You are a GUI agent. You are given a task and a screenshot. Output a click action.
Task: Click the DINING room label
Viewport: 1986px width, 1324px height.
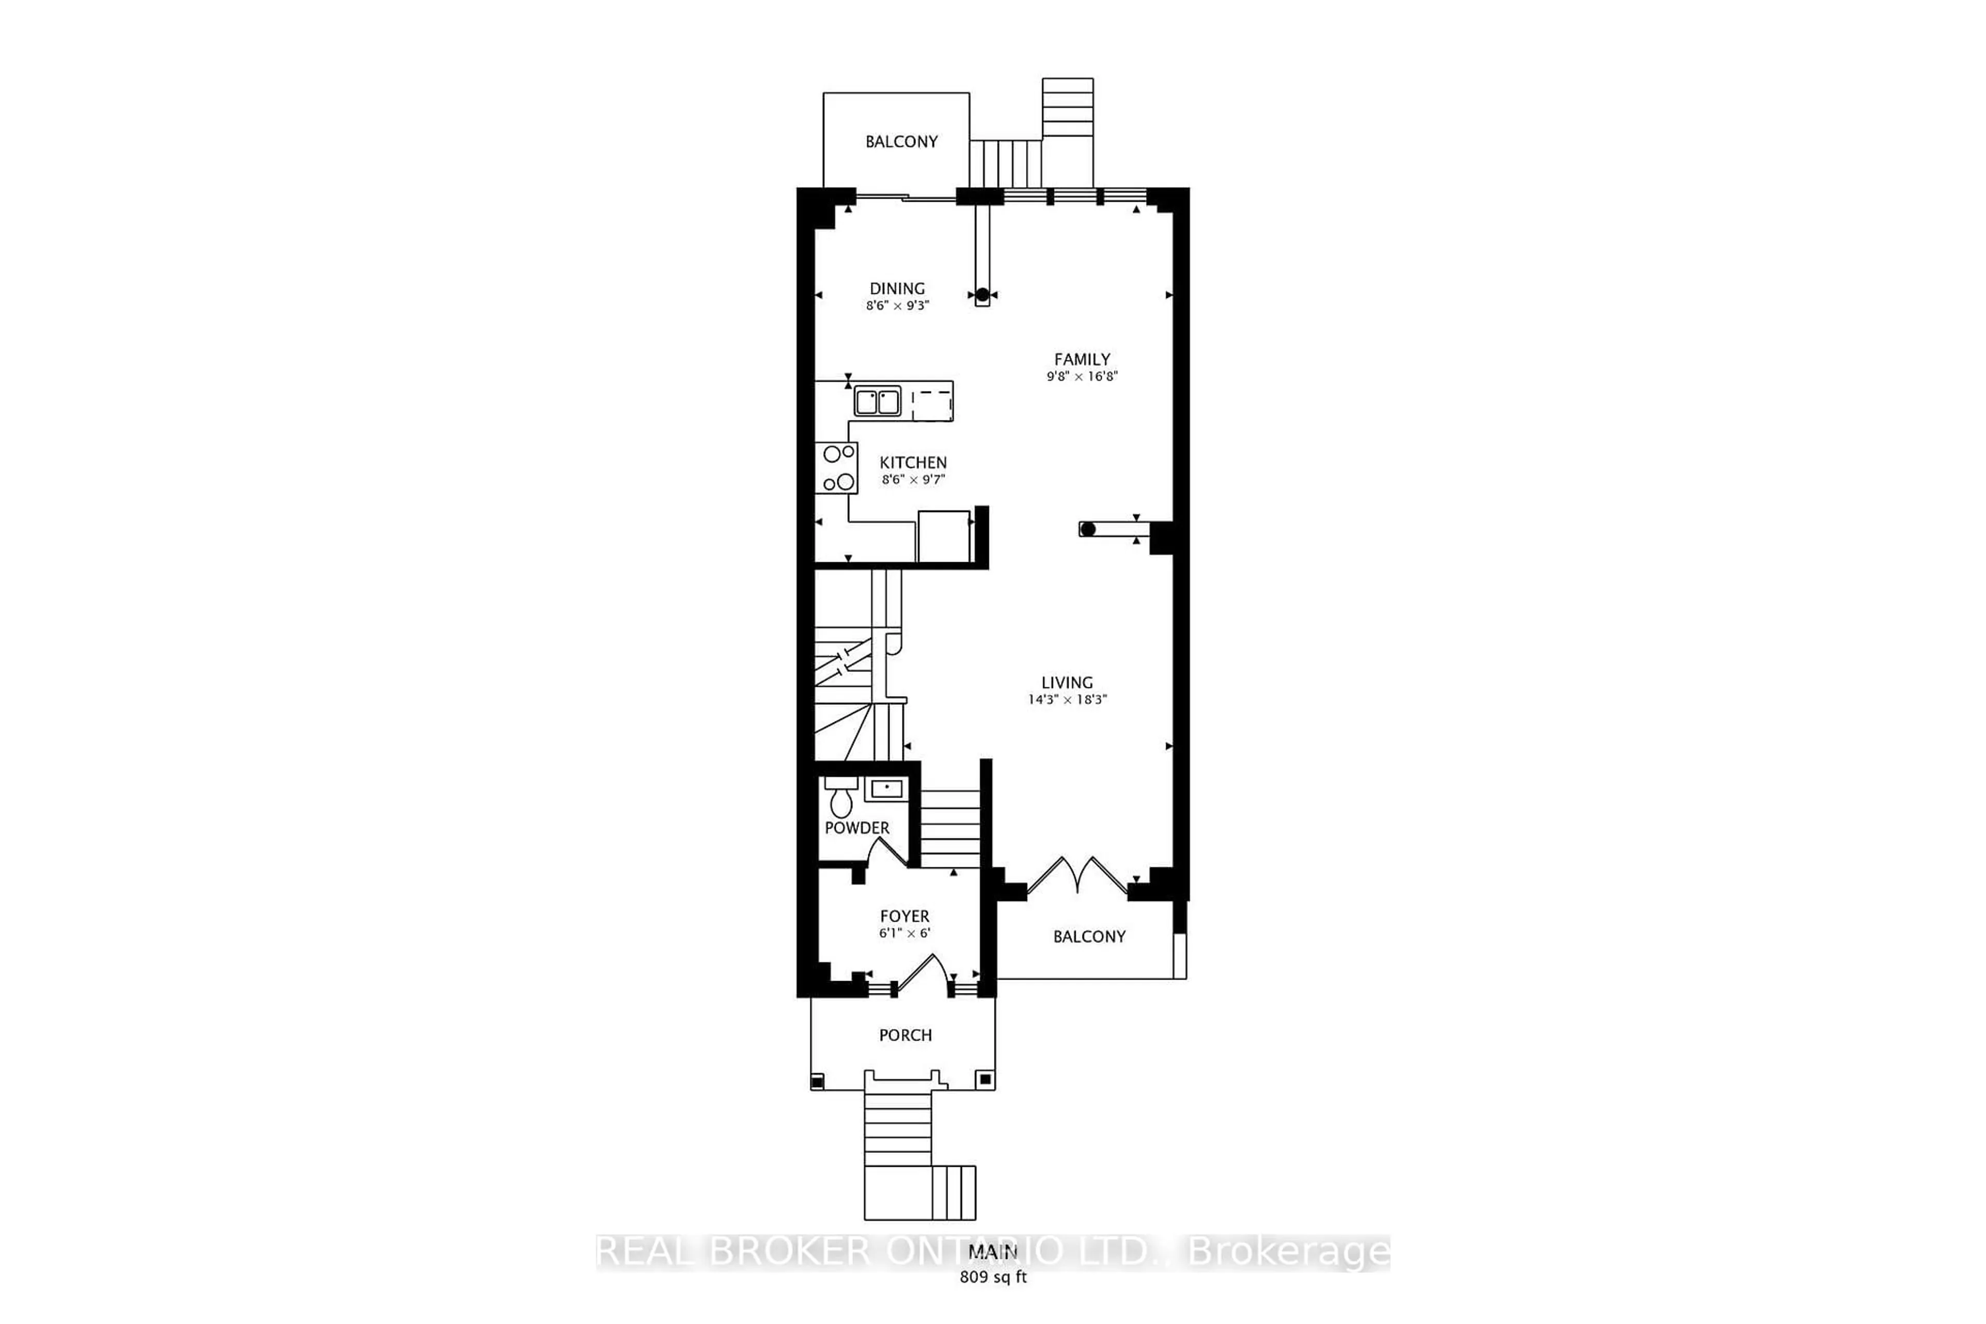pos(897,289)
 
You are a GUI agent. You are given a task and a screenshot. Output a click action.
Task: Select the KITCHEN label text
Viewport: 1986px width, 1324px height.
pos(913,463)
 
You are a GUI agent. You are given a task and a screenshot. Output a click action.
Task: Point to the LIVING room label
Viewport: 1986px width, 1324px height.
pos(1066,682)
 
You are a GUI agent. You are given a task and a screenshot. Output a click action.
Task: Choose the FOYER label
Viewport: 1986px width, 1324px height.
pos(905,916)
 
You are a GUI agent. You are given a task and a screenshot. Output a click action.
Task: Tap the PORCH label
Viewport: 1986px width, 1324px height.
pos(905,1035)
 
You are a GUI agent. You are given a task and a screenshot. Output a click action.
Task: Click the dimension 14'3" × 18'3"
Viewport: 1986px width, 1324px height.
pos(1067,700)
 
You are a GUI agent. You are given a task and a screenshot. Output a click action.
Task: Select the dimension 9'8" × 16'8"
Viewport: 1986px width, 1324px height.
pos(1081,377)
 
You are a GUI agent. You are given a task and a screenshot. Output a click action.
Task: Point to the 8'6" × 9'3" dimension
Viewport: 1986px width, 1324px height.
pos(897,306)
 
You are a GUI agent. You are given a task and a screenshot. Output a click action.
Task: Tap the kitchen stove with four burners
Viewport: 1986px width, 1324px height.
pos(836,468)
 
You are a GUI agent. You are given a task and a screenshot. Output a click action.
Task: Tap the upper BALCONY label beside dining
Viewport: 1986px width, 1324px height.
pos(901,142)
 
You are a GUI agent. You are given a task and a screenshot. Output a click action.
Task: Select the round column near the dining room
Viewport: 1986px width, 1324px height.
pos(982,295)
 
